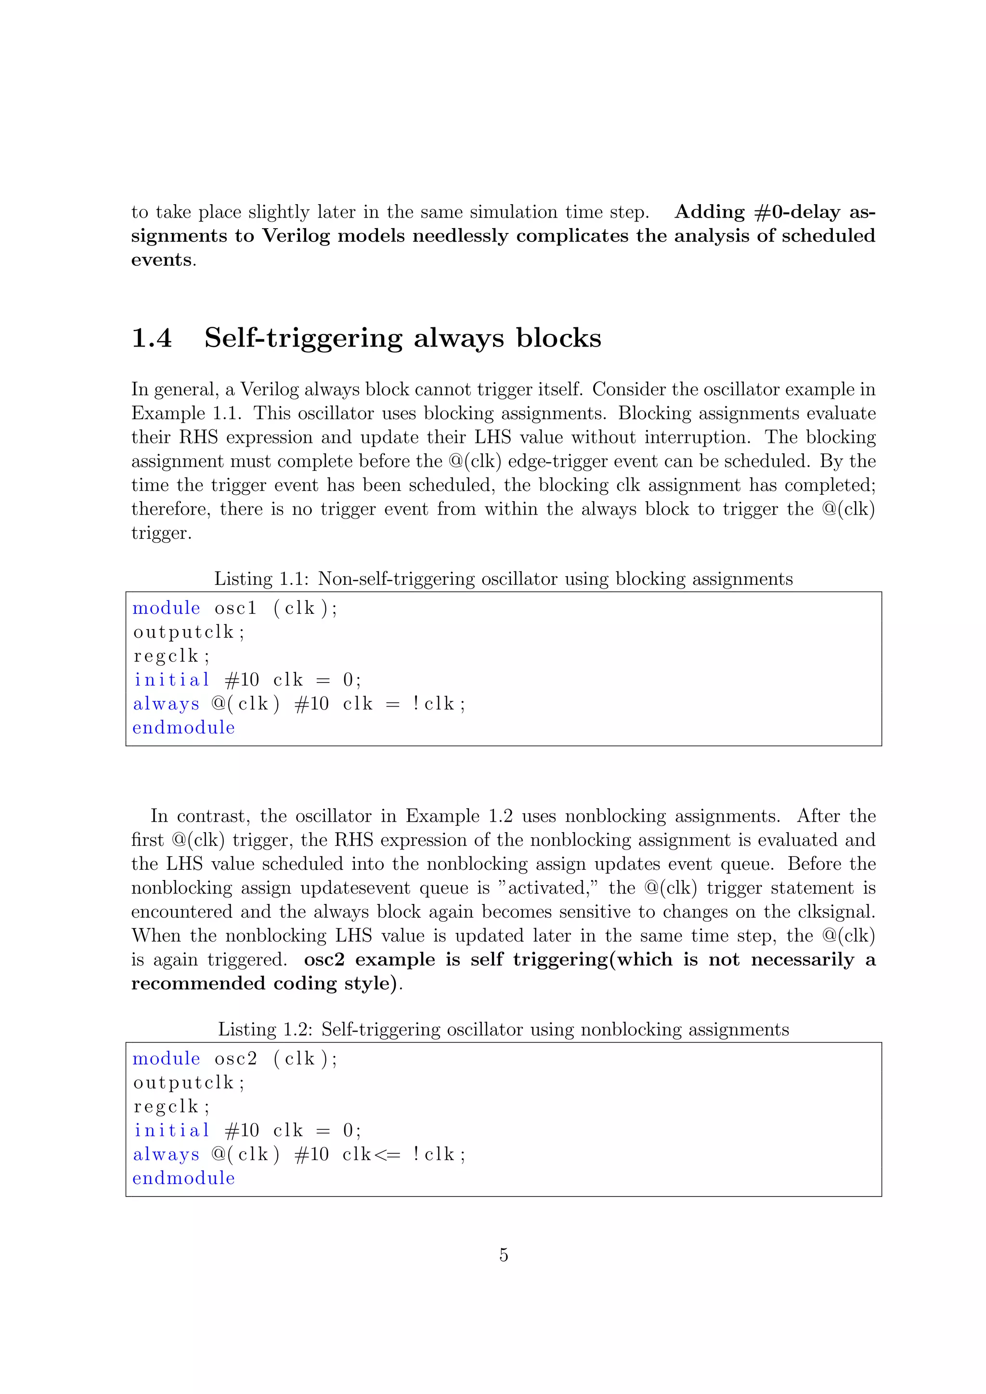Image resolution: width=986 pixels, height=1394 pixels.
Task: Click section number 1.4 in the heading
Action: [x=152, y=338]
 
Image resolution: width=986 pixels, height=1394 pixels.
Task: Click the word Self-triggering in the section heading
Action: [x=303, y=338]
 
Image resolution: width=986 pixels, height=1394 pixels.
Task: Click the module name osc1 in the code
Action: [x=235, y=608]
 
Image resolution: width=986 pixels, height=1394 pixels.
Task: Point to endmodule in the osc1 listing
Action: [x=183, y=727]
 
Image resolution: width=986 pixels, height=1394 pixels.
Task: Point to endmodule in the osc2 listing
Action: [x=183, y=1178]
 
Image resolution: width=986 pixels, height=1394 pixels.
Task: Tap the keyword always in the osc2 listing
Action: [x=166, y=1154]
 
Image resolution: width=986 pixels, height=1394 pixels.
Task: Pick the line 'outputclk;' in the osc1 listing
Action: [x=189, y=632]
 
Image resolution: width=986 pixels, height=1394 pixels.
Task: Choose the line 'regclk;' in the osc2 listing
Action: [x=171, y=1106]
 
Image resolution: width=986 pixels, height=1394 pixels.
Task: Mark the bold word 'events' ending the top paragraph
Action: [x=161, y=260]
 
